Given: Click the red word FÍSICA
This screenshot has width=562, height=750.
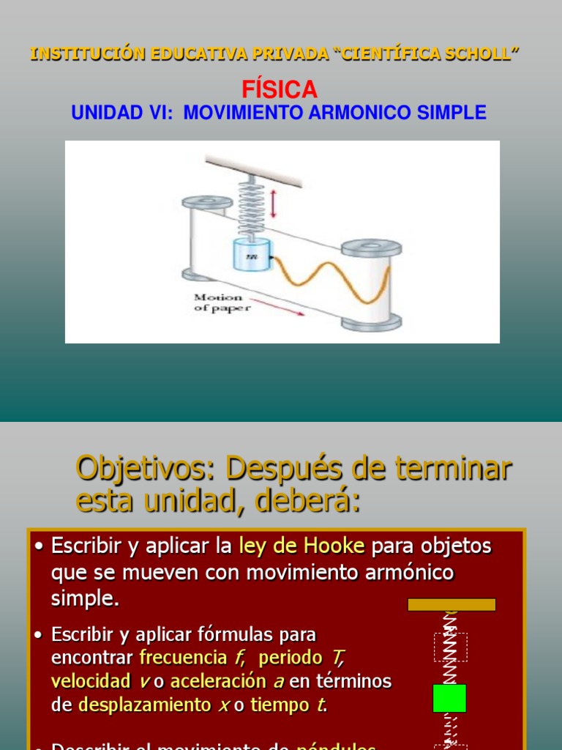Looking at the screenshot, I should pos(280,90).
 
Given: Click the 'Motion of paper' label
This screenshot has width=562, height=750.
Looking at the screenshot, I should pos(222,302).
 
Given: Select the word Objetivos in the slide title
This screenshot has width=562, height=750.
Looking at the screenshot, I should pos(146,469).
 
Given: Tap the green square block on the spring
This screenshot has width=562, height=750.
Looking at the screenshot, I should pos(449,698).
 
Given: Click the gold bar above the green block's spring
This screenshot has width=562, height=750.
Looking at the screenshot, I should pos(452,604).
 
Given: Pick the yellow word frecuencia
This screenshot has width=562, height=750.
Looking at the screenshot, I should pos(184,657).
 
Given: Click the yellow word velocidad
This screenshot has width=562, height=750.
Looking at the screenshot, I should pos(91,681).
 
